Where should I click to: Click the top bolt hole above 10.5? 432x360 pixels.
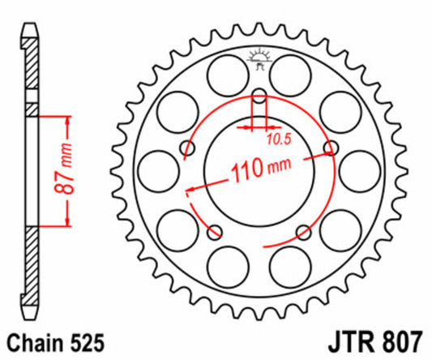coord(259,100)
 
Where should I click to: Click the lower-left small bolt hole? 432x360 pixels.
coord(215,233)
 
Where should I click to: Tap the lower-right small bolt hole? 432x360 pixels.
coord(304,233)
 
